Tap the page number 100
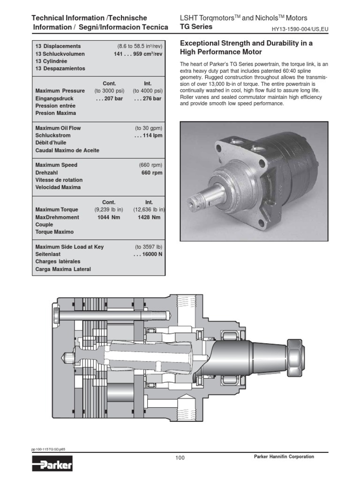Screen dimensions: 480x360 click(180, 458)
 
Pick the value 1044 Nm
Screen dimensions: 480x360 click(107, 217)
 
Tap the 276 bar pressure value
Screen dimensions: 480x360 click(148, 98)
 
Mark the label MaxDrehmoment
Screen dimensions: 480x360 click(57, 217)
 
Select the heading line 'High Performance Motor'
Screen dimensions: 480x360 click(221, 52)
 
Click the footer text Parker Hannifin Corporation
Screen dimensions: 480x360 click(284, 457)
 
